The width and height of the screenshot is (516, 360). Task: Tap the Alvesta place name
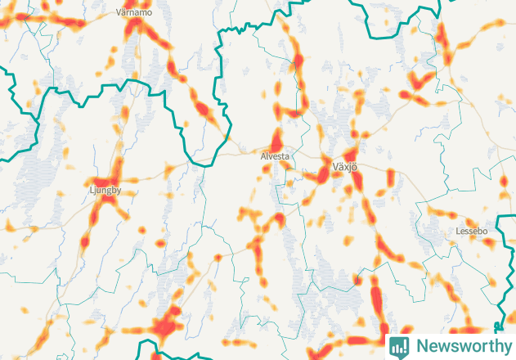[x=275, y=155]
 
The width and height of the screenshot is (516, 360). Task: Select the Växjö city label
[x=346, y=167]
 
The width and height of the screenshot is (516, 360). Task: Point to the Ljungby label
[x=104, y=191]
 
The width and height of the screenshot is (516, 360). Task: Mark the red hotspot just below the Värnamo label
[x=133, y=27]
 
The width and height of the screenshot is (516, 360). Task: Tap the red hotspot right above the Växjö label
[x=351, y=153]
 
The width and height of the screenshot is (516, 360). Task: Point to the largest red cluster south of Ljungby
[x=166, y=326]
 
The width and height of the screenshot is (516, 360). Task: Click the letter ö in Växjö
[x=357, y=167]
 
